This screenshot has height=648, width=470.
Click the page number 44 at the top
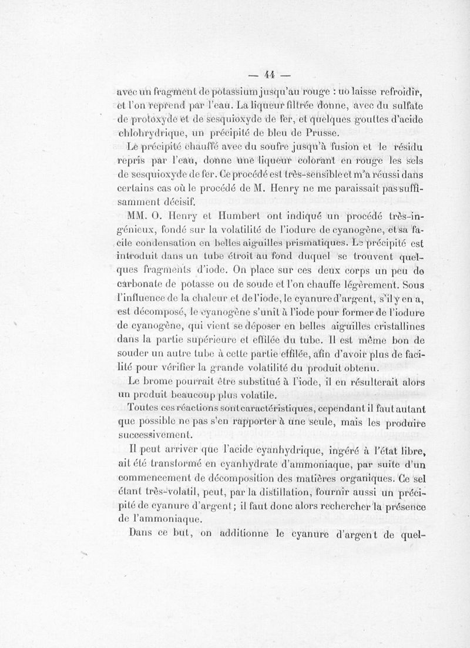[270, 74]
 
